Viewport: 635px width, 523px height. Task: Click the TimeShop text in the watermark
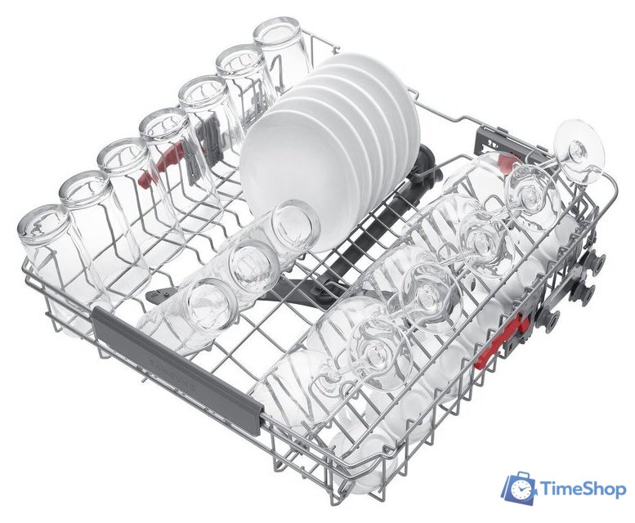pyautogui.click(x=584, y=489)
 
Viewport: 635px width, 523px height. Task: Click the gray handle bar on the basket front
pyautogui.click(x=177, y=369)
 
